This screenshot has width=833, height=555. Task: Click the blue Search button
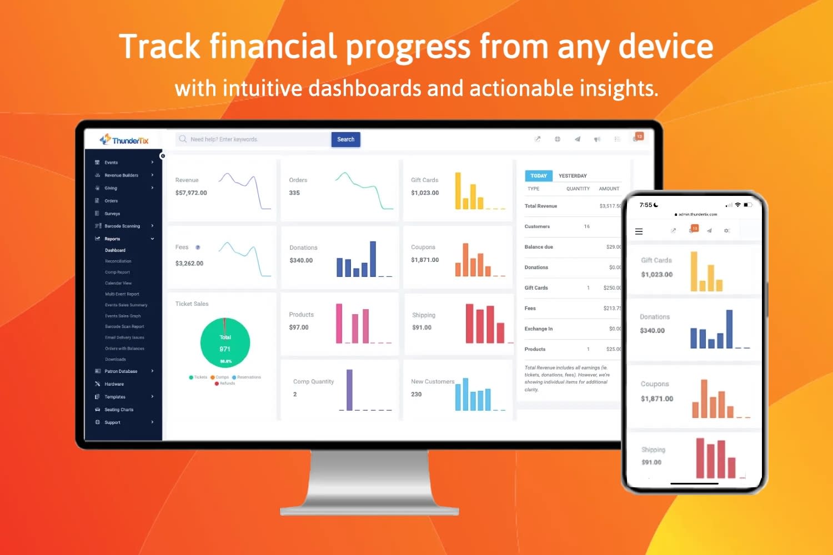(345, 139)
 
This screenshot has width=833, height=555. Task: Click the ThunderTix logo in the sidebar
(124, 140)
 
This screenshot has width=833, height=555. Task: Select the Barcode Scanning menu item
(122, 226)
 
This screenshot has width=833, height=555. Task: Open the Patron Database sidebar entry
(121, 371)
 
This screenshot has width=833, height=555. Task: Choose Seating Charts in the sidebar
(119, 410)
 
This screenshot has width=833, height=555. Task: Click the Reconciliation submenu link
(118, 261)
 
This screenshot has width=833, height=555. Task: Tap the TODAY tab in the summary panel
(538, 176)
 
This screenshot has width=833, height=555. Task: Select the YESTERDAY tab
(573, 176)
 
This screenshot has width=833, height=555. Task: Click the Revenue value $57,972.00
(191, 193)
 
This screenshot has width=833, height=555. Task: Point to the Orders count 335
(294, 193)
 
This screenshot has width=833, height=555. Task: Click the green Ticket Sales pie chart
(225, 343)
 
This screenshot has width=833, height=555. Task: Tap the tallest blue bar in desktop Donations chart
(373, 259)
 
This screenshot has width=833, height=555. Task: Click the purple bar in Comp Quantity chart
(349, 390)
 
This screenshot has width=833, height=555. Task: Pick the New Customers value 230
(416, 395)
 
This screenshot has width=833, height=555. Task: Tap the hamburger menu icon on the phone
(639, 231)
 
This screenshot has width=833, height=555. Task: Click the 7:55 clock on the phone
(646, 205)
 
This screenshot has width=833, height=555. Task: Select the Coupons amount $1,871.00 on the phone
(657, 399)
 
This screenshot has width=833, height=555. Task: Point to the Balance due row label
(539, 247)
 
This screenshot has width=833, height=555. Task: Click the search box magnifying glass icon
(183, 139)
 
